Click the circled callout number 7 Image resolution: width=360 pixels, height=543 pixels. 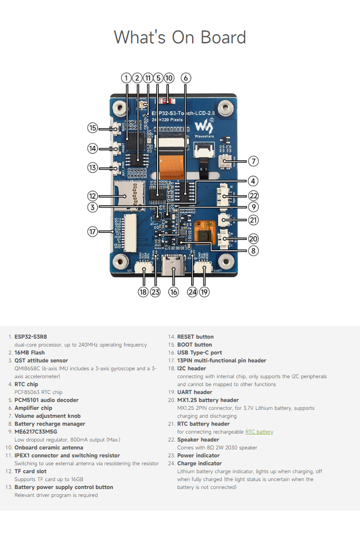pyautogui.click(x=253, y=161)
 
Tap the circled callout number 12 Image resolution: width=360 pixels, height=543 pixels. pyautogui.click(x=92, y=196)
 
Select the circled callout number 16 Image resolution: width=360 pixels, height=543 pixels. pyautogui.click(x=174, y=292)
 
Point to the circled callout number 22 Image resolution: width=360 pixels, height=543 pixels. pyautogui.click(x=253, y=196)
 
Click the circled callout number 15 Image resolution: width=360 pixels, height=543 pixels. pyautogui.click(x=92, y=128)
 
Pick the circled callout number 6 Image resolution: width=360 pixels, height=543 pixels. pyautogui.click(x=185, y=78)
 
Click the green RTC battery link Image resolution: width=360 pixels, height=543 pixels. pyautogui.click(x=259, y=432)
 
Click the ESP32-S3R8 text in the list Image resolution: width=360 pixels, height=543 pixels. pyautogui.click(x=31, y=337)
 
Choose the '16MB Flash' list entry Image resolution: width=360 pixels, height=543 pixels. pyautogui.click(x=30, y=353)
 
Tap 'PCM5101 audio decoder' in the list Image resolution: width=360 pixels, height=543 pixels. pyautogui.click(x=46, y=400)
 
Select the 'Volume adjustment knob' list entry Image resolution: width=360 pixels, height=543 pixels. pyautogui.click(x=47, y=416)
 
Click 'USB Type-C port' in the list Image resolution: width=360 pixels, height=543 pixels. pyautogui.click(x=199, y=353)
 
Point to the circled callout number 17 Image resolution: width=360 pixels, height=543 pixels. pyautogui.click(x=92, y=232)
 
